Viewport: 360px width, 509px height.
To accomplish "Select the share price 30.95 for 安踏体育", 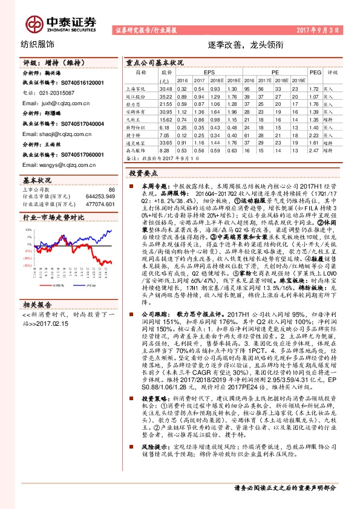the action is tap(166, 112).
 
